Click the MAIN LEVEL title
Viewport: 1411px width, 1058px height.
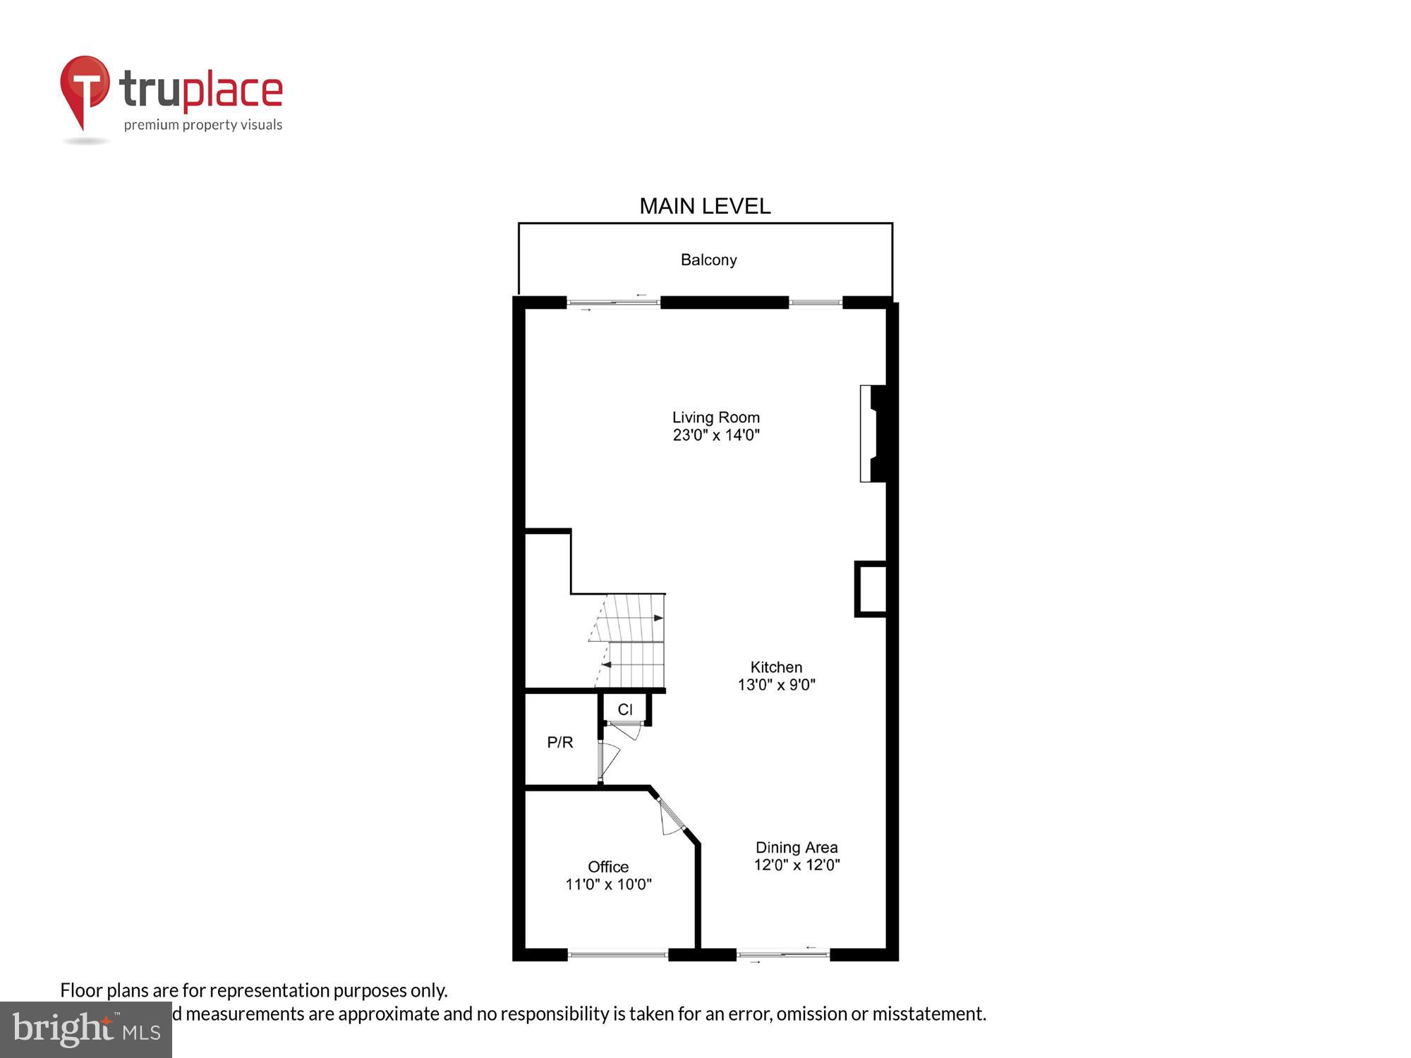pos(704,206)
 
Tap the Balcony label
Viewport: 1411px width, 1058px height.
pos(708,260)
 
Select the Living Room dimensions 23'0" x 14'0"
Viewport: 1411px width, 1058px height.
pos(715,435)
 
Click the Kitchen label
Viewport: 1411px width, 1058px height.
pos(776,667)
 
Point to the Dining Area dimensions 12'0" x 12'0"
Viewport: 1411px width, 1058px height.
pos(797,865)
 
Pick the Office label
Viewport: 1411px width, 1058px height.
pos(607,867)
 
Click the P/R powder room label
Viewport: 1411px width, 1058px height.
pos(560,742)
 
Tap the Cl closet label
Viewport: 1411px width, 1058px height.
pos(625,710)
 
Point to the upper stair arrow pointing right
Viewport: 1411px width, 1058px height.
pos(658,618)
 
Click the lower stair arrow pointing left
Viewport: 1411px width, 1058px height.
pos(605,664)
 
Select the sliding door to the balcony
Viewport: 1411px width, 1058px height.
pos(612,303)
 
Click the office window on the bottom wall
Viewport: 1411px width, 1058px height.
pos(617,955)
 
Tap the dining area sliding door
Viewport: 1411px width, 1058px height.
pos(782,955)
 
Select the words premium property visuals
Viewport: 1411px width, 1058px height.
pos(203,125)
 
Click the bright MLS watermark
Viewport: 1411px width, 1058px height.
pos(86,1029)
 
